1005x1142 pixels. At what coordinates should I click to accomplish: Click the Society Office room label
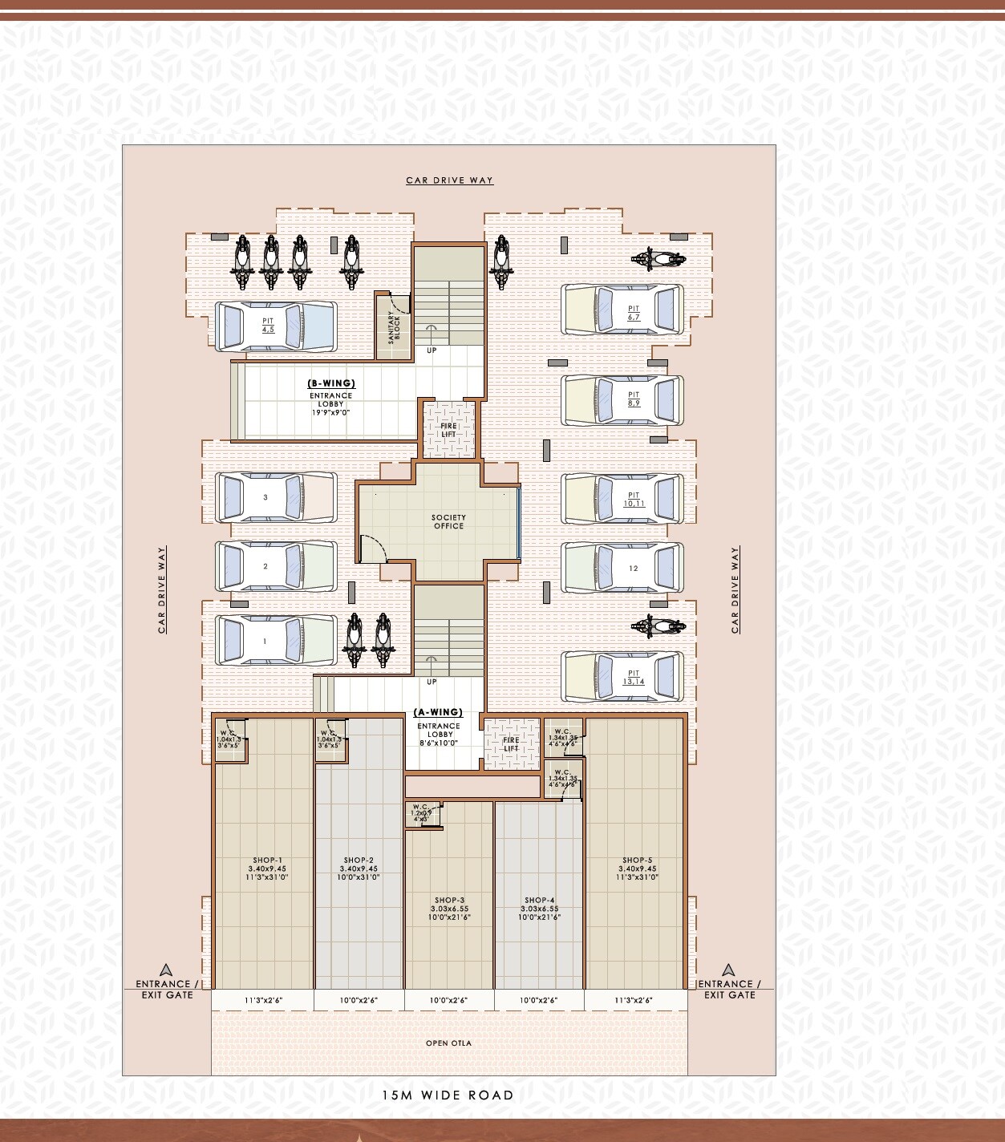[448, 521]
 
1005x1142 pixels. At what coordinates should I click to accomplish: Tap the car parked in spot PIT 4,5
[275, 326]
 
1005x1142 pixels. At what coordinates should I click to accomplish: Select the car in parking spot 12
[622, 568]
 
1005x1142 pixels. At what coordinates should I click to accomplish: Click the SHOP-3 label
[449, 900]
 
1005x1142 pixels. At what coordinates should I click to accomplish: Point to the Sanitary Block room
[393, 327]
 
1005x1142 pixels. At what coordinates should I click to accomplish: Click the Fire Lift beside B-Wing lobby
[448, 430]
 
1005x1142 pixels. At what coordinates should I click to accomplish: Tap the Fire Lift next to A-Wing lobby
[511, 744]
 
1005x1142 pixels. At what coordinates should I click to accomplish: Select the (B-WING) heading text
[331, 383]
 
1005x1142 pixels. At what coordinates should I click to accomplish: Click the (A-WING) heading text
[438, 712]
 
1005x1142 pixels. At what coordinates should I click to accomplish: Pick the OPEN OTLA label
[448, 1043]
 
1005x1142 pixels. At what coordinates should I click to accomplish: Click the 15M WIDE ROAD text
[448, 1095]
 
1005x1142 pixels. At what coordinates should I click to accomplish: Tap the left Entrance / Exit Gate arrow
[166, 970]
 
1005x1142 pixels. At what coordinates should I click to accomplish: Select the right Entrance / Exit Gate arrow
[728, 970]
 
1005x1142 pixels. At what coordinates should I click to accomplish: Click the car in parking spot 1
[275, 641]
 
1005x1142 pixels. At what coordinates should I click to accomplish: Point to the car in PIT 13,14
[622, 675]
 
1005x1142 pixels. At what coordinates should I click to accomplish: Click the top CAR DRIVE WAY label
[449, 180]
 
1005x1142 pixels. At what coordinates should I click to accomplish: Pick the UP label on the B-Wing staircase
[432, 350]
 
